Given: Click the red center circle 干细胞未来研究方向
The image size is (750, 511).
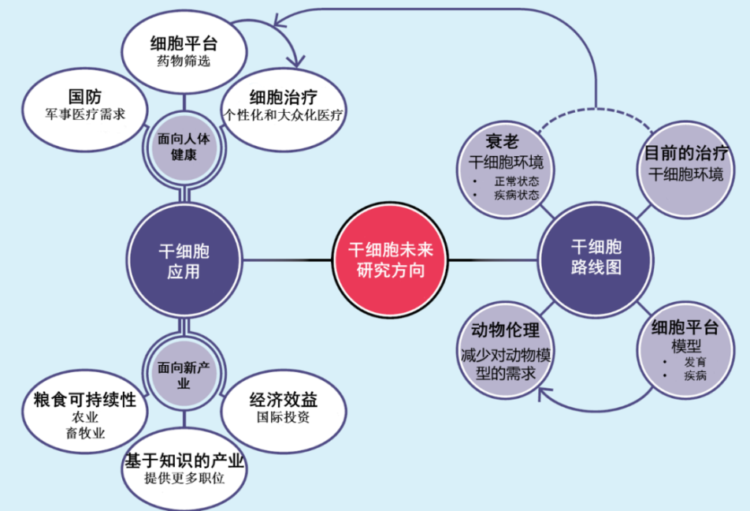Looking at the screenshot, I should [385, 259].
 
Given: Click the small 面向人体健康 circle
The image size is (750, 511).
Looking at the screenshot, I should [184, 146].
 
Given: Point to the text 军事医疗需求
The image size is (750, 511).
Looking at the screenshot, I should [85, 115].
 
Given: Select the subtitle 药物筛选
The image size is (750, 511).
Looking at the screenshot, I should [184, 62].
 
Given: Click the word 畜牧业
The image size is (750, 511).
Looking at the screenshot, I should [85, 434].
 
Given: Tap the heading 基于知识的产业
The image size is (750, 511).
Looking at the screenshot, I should [184, 461].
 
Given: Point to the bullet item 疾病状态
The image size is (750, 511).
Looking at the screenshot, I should [516, 195].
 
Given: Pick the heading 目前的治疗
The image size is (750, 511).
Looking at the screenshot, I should [685, 154].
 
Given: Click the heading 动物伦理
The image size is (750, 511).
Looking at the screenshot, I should [505, 330].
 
